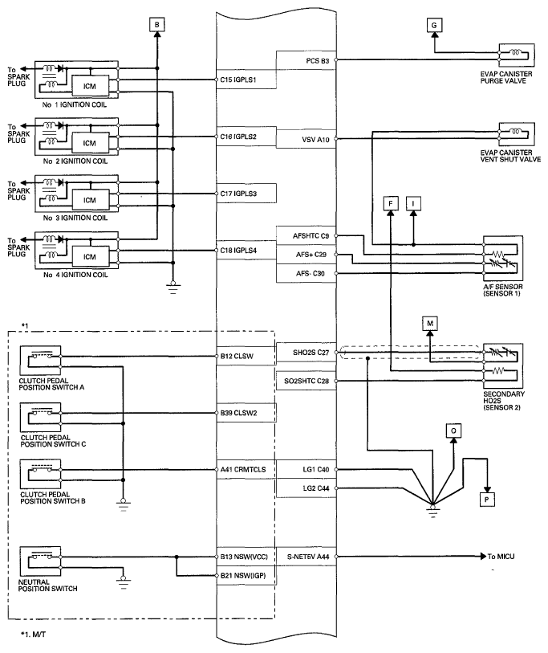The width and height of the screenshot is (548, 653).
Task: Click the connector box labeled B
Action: [157, 25]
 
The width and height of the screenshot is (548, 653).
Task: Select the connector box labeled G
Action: [434, 26]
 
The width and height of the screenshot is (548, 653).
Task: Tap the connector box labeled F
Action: [390, 204]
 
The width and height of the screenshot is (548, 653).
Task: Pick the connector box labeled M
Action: [430, 324]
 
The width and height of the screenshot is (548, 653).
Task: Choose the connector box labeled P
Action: [487, 499]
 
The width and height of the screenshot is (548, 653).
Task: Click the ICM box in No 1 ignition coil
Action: [91, 86]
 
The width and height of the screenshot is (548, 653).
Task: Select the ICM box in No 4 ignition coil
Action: [91, 257]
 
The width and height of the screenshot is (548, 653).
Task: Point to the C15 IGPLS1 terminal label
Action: [238, 80]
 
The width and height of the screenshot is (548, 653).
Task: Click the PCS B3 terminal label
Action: [318, 61]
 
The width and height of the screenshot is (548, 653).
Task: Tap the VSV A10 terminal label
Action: [315, 140]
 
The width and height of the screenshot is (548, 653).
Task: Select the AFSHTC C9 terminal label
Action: [311, 236]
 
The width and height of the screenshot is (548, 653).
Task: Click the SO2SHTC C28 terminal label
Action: [306, 381]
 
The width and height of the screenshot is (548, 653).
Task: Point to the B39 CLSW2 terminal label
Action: [239, 413]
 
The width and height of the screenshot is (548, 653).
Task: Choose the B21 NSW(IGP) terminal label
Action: [243, 576]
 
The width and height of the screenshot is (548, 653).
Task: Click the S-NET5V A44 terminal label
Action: [308, 557]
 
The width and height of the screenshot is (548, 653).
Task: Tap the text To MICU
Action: [501, 557]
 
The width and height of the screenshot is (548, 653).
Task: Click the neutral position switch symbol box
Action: [40, 561]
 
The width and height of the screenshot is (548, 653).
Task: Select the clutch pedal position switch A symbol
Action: [40, 360]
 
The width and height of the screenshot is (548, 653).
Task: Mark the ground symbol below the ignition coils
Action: [173, 288]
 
